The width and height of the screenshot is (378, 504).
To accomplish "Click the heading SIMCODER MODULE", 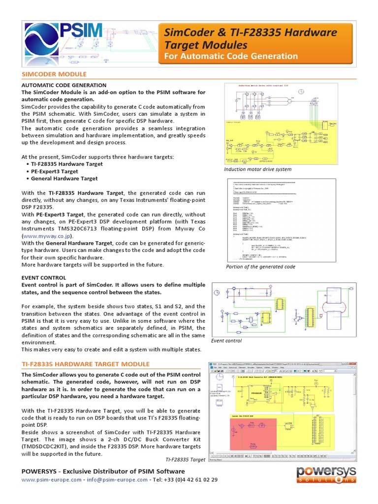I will (54, 74).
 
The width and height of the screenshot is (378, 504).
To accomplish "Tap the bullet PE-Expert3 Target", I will (54, 171).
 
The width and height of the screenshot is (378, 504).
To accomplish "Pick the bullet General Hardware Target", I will (64, 179).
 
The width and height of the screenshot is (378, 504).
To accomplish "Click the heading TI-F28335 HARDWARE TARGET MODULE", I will (86, 364).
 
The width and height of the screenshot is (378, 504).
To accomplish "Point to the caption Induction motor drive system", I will (257, 169).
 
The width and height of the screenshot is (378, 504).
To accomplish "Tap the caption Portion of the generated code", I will (260, 267).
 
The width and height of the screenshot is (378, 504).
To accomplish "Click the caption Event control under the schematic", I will (226, 341).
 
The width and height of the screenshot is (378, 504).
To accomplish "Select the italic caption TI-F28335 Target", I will (185, 459).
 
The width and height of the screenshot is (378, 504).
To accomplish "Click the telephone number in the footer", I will (188, 479).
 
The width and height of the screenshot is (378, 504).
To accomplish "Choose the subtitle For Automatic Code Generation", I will (230, 57).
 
